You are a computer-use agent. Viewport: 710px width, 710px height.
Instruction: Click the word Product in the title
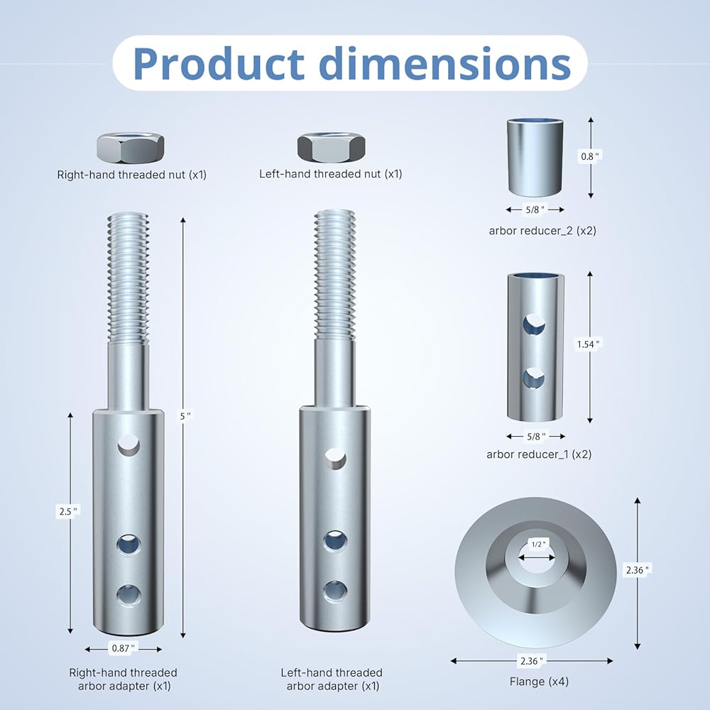click(x=219, y=63)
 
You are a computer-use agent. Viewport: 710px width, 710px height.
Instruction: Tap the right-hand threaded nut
click(x=131, y=148)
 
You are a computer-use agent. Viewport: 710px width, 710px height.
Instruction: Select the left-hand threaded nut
click(x=332, y=148)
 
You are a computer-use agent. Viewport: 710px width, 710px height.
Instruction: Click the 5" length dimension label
click(x=185, y=415)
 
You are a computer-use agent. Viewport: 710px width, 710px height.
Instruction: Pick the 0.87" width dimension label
click(x=123, y=648)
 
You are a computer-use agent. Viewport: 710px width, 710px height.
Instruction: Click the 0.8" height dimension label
click(x=591, y=157)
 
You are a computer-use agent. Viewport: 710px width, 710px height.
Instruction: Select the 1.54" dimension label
click(x=588, y=344)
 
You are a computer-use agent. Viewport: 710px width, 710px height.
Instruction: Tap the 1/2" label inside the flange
click(x=537, y=545)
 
